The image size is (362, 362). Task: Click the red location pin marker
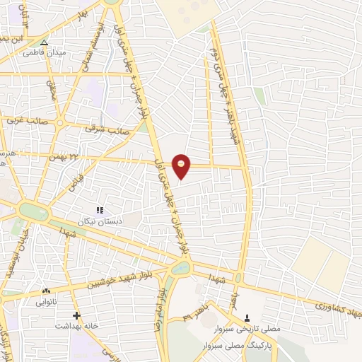click(182, 165)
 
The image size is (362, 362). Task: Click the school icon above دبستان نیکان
click(100, 210)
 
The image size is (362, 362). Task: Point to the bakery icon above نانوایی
click(47, 291)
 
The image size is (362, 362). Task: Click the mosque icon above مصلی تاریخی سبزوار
click(247, 317)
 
